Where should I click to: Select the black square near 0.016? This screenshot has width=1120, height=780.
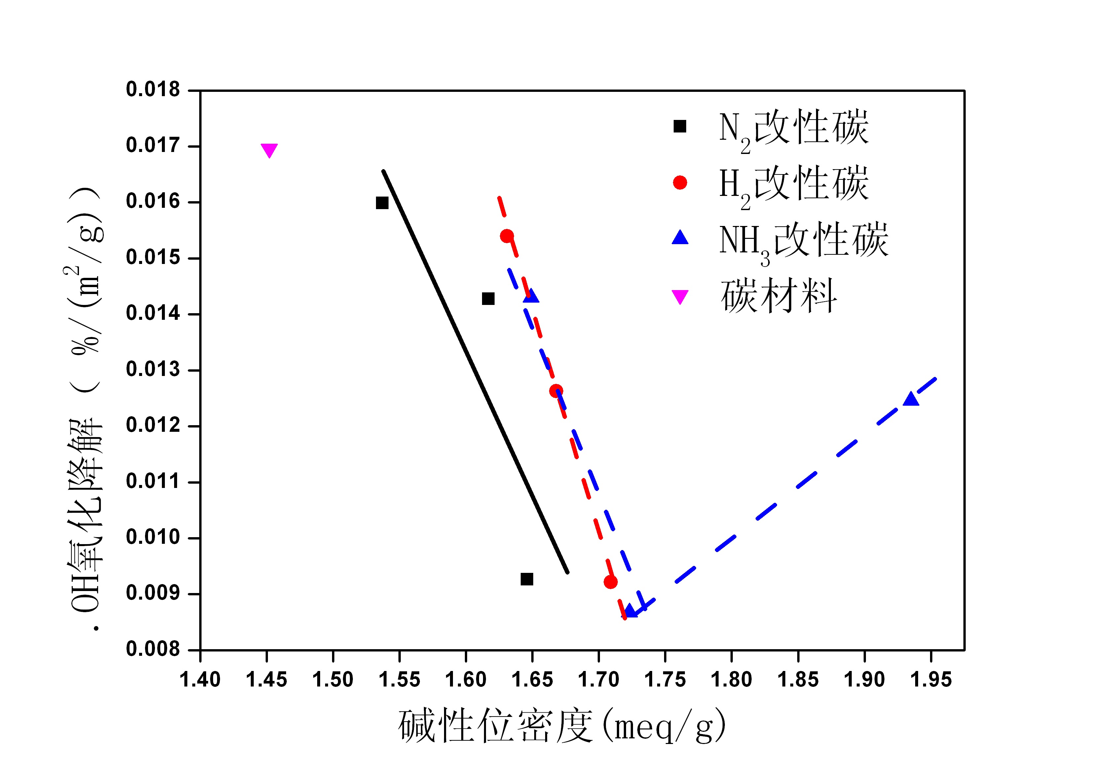point(382,203)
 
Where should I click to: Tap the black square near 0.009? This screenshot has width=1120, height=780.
point(526,579)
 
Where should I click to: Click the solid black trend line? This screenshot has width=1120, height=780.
point(476,372)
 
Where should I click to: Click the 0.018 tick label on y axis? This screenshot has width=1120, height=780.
point(153,90)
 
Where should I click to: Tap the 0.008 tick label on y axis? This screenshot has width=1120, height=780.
point(153,649)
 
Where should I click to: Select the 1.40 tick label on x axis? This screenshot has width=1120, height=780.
point(200,680)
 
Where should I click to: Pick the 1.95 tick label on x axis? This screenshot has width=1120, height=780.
point(931,680)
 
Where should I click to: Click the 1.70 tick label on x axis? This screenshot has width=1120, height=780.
point(599,680)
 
